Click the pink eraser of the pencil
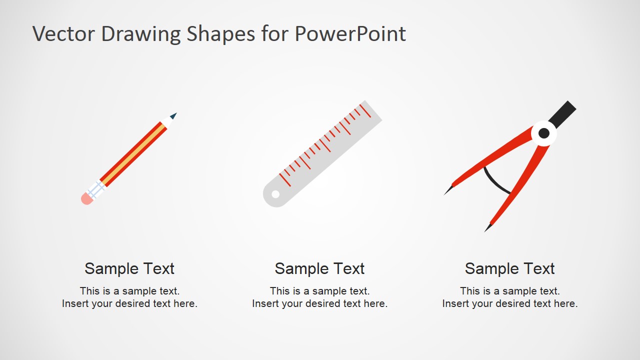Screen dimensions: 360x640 pos(86,199)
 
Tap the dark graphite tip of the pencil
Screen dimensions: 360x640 pos(173,115)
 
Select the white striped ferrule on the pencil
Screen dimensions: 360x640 pos(96,189)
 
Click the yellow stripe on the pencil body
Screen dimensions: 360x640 pos(134,153)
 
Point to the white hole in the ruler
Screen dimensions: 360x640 pos(275,194)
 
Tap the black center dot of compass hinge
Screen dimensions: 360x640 pos(544,133)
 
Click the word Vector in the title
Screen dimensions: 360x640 pos(63,34)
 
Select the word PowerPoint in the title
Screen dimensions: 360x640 pos(350,34)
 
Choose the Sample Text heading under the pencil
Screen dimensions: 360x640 pos(129,268)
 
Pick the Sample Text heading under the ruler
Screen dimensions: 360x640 pos(320,268)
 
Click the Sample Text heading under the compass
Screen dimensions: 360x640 pos(510,268)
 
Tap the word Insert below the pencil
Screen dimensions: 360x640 pos(75,303)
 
